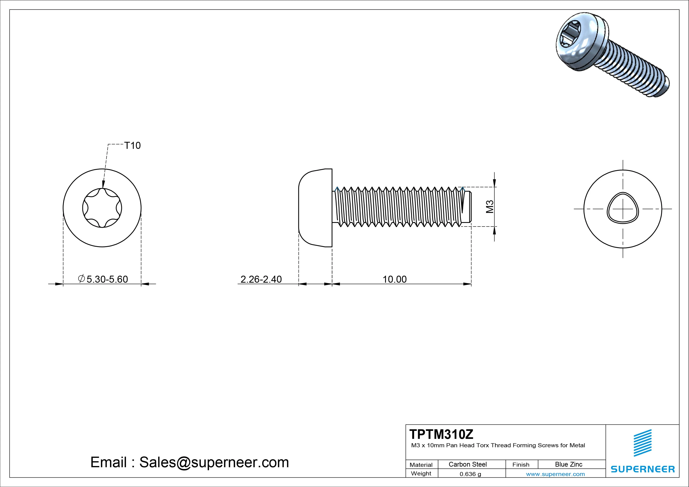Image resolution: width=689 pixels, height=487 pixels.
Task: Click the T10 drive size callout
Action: point(132,145)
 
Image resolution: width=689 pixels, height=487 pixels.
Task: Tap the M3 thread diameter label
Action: point(490,207)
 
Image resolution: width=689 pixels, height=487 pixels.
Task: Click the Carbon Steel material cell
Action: point(468,464)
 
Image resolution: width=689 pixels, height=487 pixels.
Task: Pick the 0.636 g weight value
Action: point(470,474)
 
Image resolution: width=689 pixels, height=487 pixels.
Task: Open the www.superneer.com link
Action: point(555,474)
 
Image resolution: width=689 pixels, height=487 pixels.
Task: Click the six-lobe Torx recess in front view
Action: point(102,208)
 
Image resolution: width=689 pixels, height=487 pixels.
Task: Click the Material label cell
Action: point(421,465)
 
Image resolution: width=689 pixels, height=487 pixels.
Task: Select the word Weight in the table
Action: point(421,473)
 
